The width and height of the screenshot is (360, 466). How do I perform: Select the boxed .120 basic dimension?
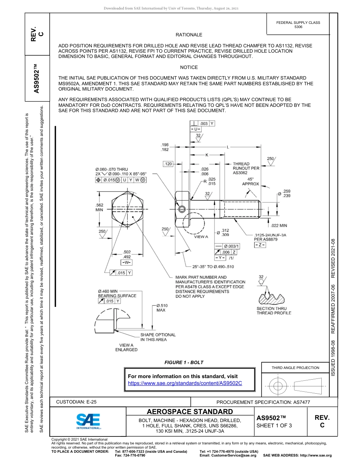(x=167, y=164)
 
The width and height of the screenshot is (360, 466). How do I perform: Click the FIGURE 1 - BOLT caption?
(x=184, y=363)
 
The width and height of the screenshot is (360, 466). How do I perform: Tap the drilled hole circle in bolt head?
(x=182, y=209)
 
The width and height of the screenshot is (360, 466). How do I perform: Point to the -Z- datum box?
(x=260, y=246)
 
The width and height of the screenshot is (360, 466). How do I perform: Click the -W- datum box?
(x=126, y=262)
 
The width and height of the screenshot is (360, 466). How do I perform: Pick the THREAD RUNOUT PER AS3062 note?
(x=246, y=168)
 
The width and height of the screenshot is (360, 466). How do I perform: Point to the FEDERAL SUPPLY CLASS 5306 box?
(x=298, y=25)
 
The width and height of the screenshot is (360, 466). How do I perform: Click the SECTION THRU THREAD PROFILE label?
(x=274, y=311)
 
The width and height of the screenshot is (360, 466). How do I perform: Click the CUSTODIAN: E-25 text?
(x=79, y=402)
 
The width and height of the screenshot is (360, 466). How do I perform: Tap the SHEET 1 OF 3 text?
(x=274, y=425)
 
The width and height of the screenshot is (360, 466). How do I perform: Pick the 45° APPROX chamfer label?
(x=250, y=181)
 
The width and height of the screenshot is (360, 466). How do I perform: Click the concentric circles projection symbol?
(x=278, y=386)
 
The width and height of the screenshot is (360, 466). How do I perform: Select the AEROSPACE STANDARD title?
(x=190, y=412)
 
